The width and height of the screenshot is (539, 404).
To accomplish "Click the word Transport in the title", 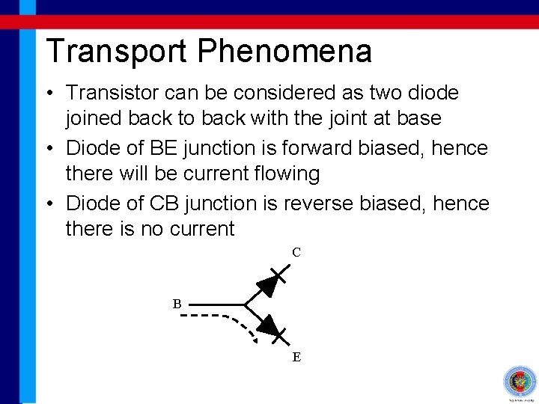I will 117,51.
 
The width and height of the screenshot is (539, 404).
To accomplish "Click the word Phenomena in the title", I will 284,51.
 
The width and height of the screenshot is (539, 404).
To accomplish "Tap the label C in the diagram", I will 296,253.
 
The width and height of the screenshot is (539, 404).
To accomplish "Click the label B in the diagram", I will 177,304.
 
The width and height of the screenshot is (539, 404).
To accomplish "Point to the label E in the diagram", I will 296,357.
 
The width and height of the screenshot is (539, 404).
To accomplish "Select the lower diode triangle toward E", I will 268,325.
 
